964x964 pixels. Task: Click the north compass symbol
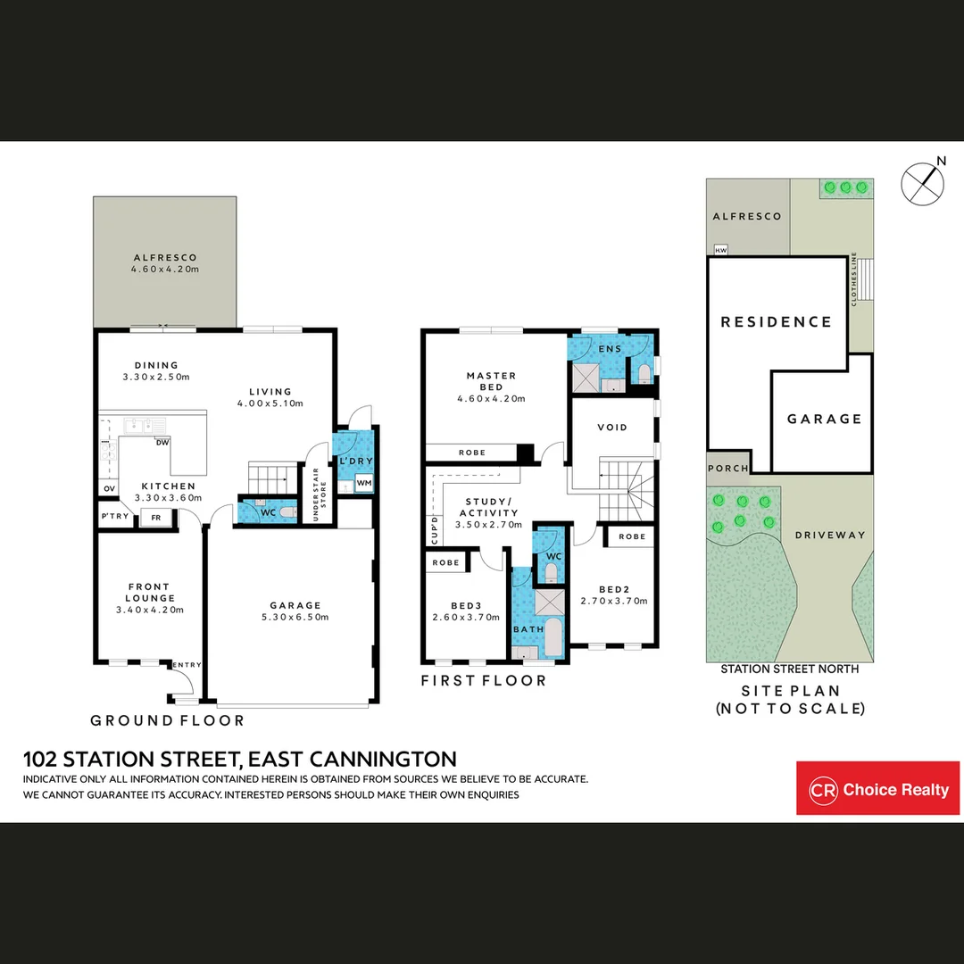pyautogui.click(x=923, y=182)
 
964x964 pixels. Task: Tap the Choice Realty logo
pyautogui.click(x=877, y=788)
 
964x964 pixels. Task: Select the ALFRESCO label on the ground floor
pyautogui.click(x=165, y=257)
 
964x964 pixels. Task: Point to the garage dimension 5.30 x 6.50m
pyautogui.click(x=295, y=617)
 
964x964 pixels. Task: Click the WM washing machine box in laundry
pyautogui.click(x=363, y=483)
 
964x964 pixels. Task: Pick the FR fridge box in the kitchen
pyautogui.click(x=155, y=518)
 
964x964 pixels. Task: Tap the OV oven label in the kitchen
pyautogui.click(x=109, y=488)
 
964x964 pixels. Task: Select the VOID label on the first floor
pyautogui.click(x=611, y=428)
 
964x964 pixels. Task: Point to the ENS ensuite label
pyautogui.click(x=611, y=349)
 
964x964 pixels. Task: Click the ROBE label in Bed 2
pyautogui.click(x=632, y=536)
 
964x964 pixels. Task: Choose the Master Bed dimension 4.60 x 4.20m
pyautogui.click(x=491, y=399)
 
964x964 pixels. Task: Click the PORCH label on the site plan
pyautogui.click(x=727, y=469)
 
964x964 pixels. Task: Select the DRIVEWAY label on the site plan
pyautogui.click(x=830, y=536)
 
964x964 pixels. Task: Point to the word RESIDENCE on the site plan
pyautogui.click(x=776, y=322)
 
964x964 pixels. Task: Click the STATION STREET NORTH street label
pyautogui.click(x=789, y=669)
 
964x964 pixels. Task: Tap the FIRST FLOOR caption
pyautogui.click(x=483, y=681)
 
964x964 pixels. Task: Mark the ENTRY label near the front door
pyautogui.click(x=187, y=664)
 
